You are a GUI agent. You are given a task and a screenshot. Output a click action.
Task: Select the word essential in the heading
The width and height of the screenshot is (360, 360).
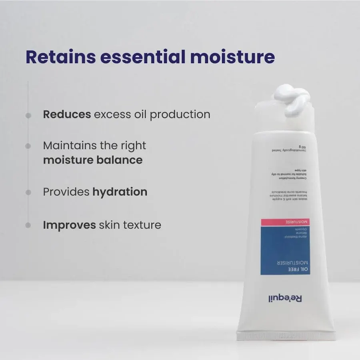(143, 57)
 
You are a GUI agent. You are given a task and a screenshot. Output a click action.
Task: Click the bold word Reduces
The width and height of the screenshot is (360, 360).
(67, 114)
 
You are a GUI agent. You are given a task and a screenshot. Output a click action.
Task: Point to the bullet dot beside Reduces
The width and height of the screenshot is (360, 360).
(28, 115)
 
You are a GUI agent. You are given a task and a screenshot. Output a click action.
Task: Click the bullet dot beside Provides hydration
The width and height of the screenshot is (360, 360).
(28, 192)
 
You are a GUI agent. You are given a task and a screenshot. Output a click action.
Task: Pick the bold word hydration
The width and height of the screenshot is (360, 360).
(120, 192)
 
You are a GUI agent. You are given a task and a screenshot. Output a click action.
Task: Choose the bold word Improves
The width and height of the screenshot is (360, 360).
(69, 225)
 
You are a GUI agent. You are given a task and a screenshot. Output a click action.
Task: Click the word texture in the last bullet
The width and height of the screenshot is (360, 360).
(142, 225)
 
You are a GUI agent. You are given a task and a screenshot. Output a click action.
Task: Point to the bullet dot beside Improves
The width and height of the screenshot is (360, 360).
(28, 225)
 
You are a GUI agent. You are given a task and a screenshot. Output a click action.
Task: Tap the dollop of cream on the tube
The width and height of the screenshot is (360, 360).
(291, 100)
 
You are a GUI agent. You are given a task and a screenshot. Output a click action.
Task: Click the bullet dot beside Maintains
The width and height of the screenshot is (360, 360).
(28, 146)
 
